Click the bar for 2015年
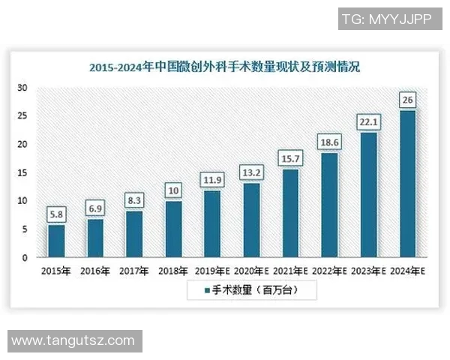point(56,241)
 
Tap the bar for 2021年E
point(290,213)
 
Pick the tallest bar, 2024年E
point(408,184)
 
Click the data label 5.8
point(56,214)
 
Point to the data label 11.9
point(212,180)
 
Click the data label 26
point(408,100)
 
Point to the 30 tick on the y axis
point(23,88)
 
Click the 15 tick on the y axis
point(23,172)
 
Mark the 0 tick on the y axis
point(25,258)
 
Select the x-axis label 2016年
point(95,270)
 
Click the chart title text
point(224,67)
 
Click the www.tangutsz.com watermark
point(73,341)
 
